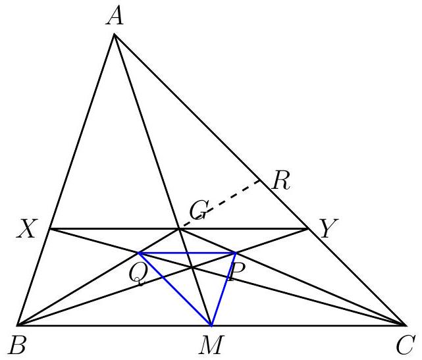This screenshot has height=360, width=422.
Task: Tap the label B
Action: pos(17,346)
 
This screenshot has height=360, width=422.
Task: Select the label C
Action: pos(404,346)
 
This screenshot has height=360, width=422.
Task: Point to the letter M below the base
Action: pos(211,346)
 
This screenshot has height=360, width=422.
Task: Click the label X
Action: pos(26,228)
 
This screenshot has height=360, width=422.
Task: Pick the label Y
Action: pos(329,228)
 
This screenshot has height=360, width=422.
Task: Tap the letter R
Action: pos(281,181)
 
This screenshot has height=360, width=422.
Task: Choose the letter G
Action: pos(199,210)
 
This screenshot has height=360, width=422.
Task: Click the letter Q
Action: pos(138,274)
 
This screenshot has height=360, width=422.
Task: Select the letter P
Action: pos(236,272)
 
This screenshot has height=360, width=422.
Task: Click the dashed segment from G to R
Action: pos(220,205)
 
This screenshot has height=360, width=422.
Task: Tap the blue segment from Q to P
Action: pos(187,253)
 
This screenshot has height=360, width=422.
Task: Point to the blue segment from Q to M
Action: pos(174,290)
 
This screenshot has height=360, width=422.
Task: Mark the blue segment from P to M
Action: pos(224,290)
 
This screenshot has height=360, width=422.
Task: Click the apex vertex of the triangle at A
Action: pos(114,34)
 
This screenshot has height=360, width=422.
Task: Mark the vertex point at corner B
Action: pos(18,326)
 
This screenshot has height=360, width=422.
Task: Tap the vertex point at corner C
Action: pos(405,326)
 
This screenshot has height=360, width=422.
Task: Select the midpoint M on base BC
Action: pos(211,326)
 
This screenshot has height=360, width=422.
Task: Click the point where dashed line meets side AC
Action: pos(261,180)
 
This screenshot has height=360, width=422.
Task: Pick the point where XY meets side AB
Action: pos(50,229)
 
